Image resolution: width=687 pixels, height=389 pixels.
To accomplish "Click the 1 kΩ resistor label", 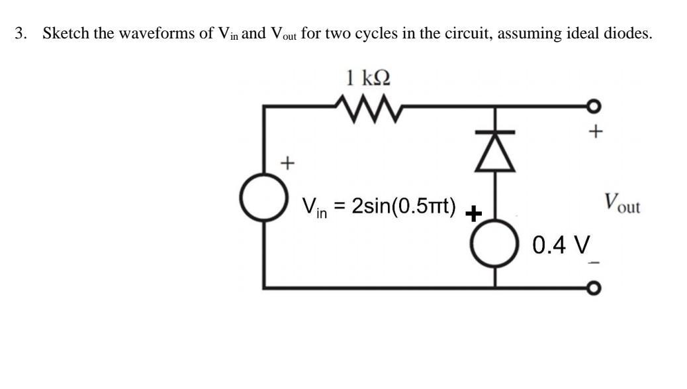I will [x=369, y=78].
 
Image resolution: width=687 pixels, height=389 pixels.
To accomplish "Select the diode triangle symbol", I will [x=495, y=156].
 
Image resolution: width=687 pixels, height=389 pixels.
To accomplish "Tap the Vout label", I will [x=621, y=202].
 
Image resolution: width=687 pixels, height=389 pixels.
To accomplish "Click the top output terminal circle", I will [x=596, y=104].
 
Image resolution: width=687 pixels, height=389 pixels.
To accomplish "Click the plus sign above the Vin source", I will [x=287, y=161].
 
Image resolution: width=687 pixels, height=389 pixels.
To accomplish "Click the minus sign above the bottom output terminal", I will [x=595, y=263].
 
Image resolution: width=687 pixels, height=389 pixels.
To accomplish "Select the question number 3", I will [x=21, y=34].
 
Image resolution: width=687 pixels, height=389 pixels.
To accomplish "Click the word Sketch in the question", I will [x=66, y=34].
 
